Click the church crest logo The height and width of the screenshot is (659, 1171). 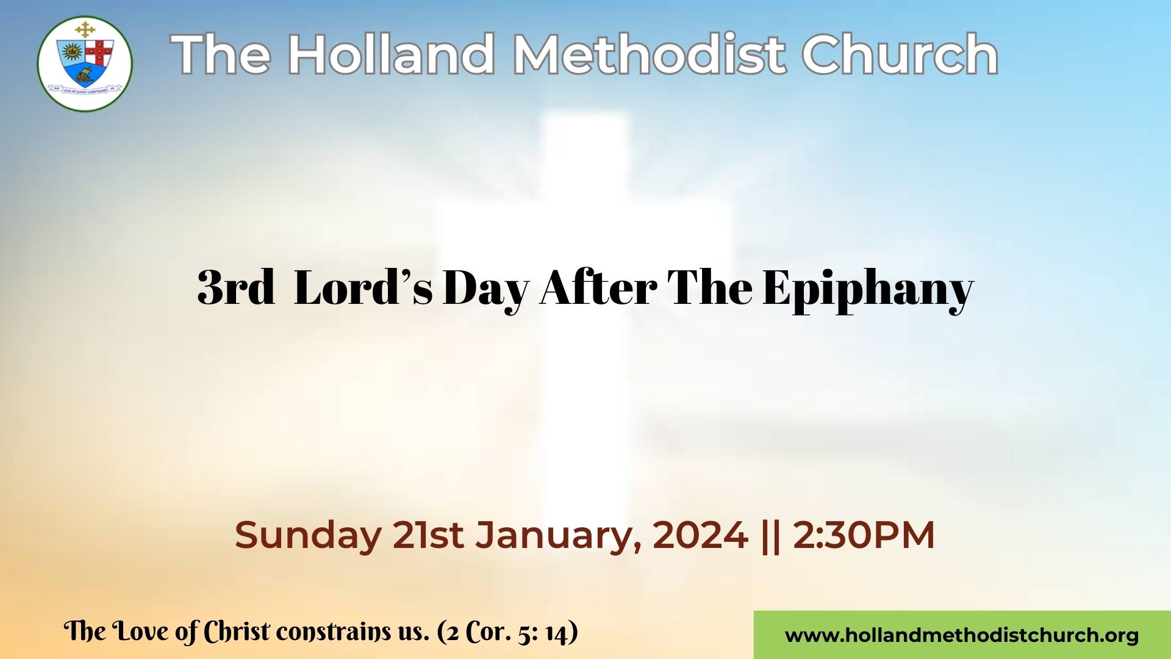click(85, 63)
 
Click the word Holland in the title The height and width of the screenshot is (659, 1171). click(390, 55)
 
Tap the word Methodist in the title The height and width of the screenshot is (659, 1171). click(648, 55)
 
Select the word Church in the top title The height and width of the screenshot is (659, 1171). click(900, 55)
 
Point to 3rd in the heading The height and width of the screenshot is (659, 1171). click(236, 287)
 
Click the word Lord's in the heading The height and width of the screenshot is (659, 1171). click(363, 287)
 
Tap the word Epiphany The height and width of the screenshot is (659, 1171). click(868, 291)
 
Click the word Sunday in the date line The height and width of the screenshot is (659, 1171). click(308, 536)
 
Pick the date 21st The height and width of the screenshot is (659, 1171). click(428, 535)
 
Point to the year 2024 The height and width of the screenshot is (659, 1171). click(700, 535)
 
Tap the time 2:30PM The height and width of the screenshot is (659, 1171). click(864, 535)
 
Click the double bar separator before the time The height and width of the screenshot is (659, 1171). click(771, 536)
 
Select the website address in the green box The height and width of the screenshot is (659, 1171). click(962, 636)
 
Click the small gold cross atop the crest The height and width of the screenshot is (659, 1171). click(85, 29)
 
